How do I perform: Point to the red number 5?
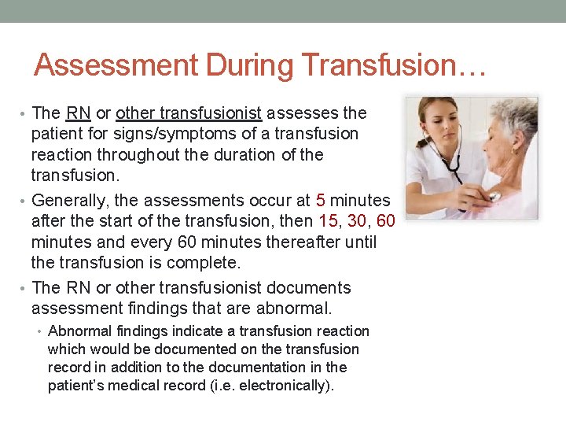320,201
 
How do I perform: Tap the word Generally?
68,201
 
